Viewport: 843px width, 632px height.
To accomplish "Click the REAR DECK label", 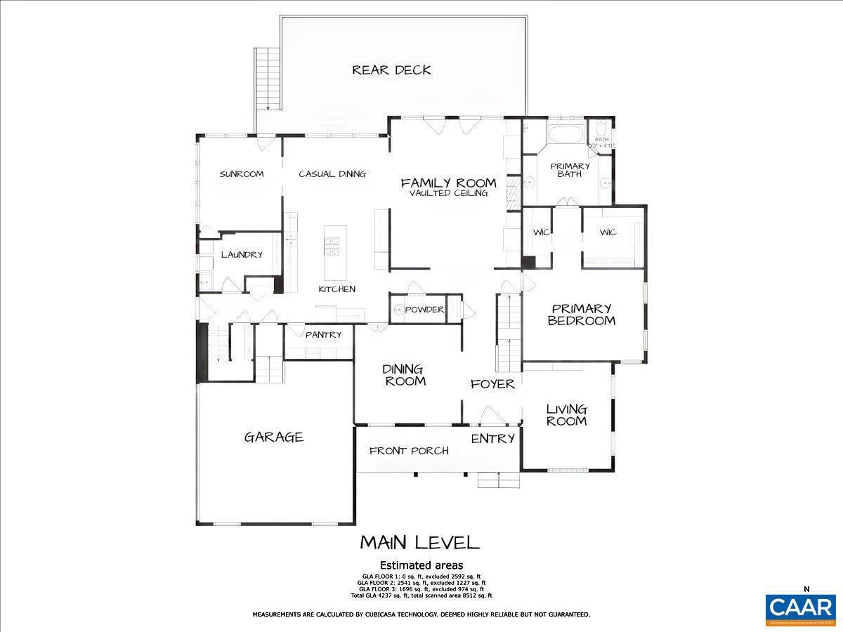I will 391,70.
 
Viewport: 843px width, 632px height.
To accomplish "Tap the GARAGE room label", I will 274,437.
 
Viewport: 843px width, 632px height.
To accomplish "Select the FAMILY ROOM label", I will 448,183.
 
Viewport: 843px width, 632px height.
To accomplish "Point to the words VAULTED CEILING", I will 448,193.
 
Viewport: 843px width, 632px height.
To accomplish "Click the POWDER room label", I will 424,310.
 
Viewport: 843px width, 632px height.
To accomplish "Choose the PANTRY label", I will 323,335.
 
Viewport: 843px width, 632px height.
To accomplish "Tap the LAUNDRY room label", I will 242,255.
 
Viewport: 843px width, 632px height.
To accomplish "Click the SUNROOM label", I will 241,174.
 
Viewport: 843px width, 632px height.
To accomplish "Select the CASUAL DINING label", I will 332,174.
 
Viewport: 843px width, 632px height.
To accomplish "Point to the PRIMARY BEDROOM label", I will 582,315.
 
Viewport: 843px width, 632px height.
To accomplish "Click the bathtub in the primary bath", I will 566,134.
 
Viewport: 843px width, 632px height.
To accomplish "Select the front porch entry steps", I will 499,480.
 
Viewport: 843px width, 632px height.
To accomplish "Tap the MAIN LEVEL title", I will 419,543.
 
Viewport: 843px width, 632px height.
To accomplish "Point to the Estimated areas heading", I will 421,565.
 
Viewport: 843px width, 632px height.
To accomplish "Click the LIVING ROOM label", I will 566,415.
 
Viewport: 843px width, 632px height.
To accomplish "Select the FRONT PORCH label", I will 409,451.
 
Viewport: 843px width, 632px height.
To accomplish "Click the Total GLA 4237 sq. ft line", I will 421,595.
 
